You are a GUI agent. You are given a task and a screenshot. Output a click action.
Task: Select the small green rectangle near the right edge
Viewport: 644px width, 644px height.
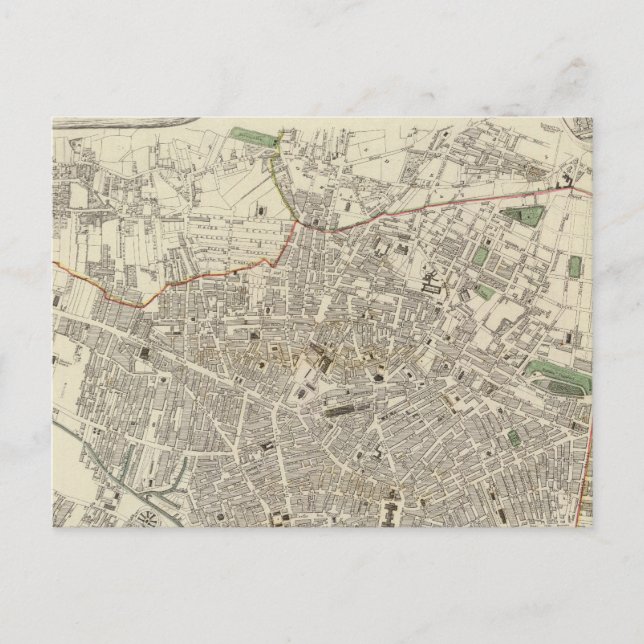point(575,266)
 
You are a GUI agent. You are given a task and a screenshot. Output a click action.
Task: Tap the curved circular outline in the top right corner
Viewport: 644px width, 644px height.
point(577,127)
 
